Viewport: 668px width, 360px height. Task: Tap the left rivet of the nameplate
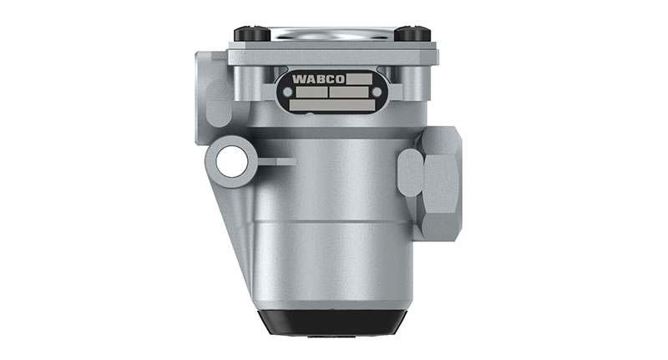[x=281, y=93]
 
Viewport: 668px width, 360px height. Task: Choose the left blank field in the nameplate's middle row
[x=309, y=93]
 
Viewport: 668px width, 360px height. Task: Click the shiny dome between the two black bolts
[x=331, y=34]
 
